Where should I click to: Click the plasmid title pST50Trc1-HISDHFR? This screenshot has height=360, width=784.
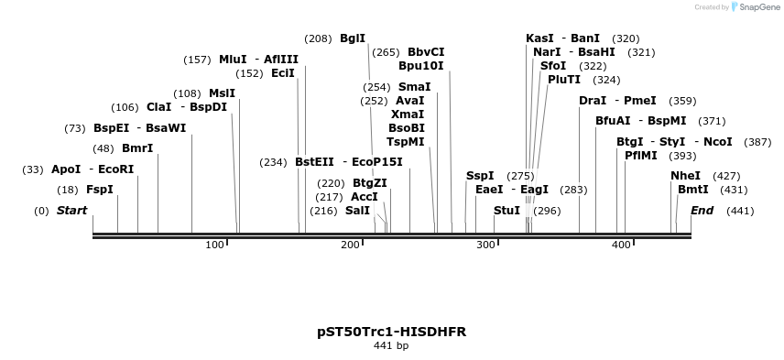pyautogui.click(x=391, y=331)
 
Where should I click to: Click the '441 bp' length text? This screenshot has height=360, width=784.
pyautogui.click(x=391, y=346)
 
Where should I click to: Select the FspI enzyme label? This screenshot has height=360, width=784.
pyautogui.click(x=100, y=190)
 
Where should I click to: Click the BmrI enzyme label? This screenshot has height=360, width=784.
pyautogui.click(x=137, y=148)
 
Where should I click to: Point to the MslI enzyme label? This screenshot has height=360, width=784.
pyautogui.click(x=222, y=93)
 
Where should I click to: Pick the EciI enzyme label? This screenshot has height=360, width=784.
pyautogui.click(x=283, y=73)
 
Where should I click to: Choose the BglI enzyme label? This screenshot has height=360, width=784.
pyautogui.click(x=353, y=38)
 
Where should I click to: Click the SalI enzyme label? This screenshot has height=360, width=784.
pyautogui.click(x=358, y=211)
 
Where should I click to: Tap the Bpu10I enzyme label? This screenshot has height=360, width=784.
pyautogui.click(x=421, y=66)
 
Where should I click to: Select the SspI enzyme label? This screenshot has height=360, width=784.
pyautogui.click(x=480, y=176)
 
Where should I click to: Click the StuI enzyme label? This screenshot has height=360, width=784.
pyautogui.click(x=506, y=211)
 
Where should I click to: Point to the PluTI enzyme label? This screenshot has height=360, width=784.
pyautogui.click(x=564, y=80)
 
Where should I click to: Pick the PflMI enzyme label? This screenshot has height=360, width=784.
pyautogui.click(x=641, y=156)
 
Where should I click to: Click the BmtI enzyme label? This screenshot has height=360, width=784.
pyautogui.click(x=693, y=190)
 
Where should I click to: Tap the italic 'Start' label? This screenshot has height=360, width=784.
pyautogui.click(x=71, y=211)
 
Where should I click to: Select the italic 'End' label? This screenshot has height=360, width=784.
pyautogui.click(x=702, y=211)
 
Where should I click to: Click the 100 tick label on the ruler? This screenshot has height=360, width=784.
pyautogui.click(x=214, y=245)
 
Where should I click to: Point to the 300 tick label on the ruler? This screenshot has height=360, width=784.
pyautogui.click(x=485, y=245)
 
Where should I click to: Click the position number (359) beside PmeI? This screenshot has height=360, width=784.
pyautogui.click(x=682, y=101)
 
